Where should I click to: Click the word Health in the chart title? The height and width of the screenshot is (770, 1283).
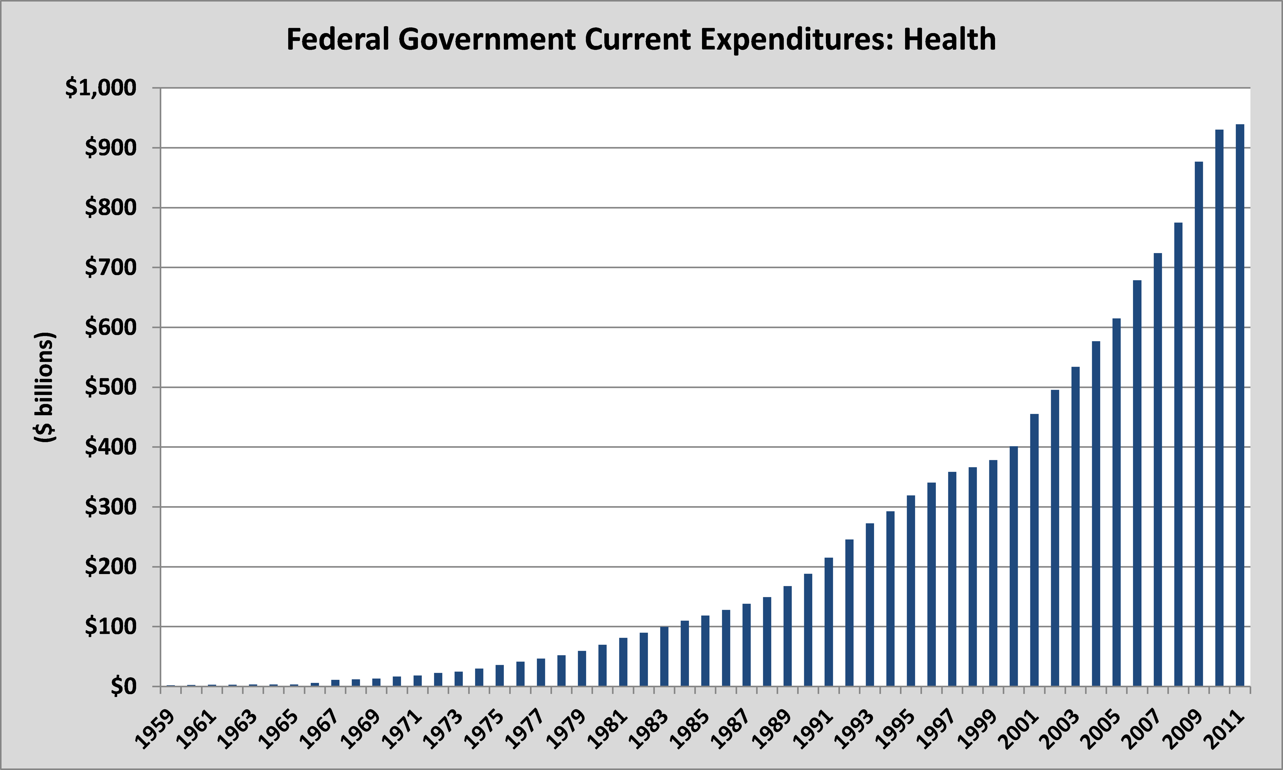point(949,39)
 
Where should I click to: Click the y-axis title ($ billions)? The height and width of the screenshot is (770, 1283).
point(45,387)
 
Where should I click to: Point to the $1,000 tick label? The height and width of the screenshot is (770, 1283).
point(101,88)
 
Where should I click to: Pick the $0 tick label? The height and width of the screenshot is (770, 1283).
point(124,687)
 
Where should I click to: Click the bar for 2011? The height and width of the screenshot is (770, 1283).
point(1240,405)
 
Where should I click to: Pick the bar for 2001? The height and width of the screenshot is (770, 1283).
point(1034,550)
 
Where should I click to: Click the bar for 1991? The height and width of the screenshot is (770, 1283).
point(829,622)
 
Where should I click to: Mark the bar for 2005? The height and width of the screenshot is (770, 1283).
point(1116,502)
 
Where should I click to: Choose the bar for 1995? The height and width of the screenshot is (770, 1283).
point(911,590)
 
